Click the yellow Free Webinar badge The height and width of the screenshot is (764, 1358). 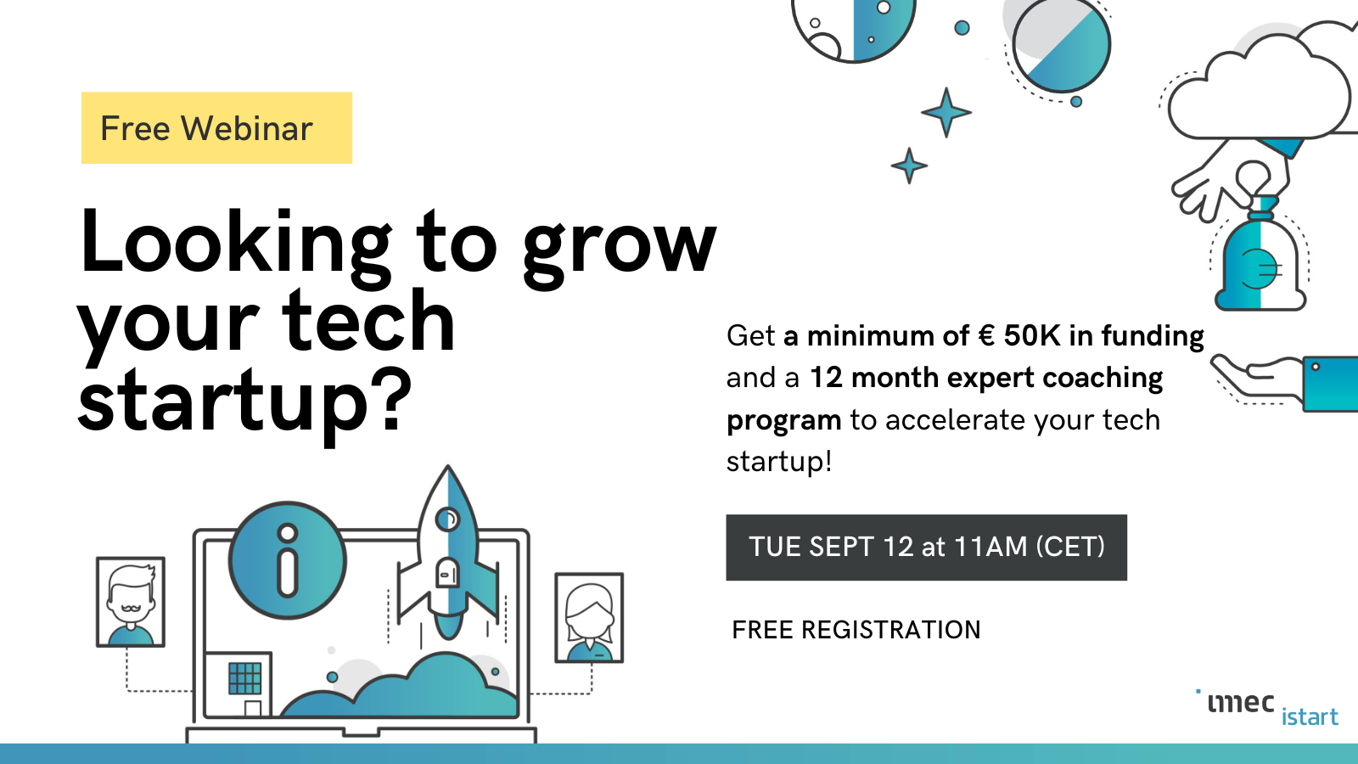point(216,128)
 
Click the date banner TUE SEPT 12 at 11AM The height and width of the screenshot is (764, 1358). point(926,548)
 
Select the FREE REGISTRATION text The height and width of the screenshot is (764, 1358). point(856,630)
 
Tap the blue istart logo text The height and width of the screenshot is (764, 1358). point(1310,716)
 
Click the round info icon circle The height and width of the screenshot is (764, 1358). point(288,560)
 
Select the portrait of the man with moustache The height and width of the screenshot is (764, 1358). point(131,602)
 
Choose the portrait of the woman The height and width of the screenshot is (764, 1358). point(589,617)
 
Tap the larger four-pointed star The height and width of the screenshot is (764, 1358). point(946,112)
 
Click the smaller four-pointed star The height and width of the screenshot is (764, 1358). point(909,166)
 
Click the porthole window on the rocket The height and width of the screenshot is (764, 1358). point(448,519)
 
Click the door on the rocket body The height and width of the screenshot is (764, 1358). point(447,572)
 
